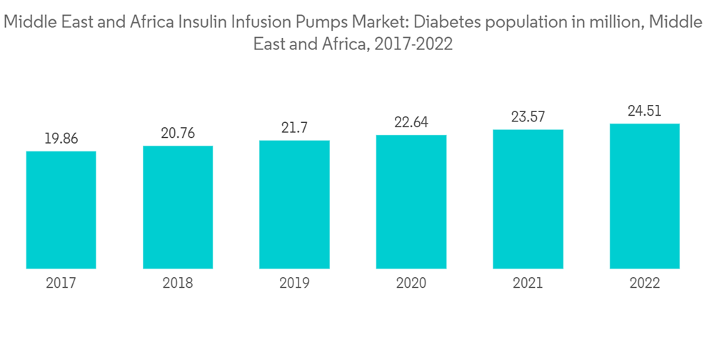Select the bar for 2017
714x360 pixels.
pyautogui.click(x=61, y=210)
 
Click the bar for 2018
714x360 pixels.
pyautogui.click(x=178, y=207)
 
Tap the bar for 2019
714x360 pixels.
pyautogui.click(x=294, y=204)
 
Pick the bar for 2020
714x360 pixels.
pyautogui.click(x=411, y=202)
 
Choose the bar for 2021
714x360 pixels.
pyautogui.click(x=528, y=199)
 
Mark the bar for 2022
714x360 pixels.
pyautogui.click(x=645, y=196)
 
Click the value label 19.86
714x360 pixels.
pyautogui.click(x=61, y=139)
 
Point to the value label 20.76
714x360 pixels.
pyautogui.click(x=178, y=133)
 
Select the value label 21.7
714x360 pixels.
pyautogui.click(x=294, y=128)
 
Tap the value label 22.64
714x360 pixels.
pyautogui.click(x=411, y=122)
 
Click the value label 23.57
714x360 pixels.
pyautogui.click(x=528, y=117)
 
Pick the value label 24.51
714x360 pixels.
pyautogui.click(x=645, y=111)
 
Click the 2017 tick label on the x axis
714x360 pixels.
pyautogui.click(x=61, y=284)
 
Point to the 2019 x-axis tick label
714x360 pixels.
pyautogui.click(x=294, y=284)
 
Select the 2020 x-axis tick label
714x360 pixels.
pyautogui.click(x=411, y=284)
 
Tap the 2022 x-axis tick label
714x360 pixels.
pyautogui.click(x=645, y=284)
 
